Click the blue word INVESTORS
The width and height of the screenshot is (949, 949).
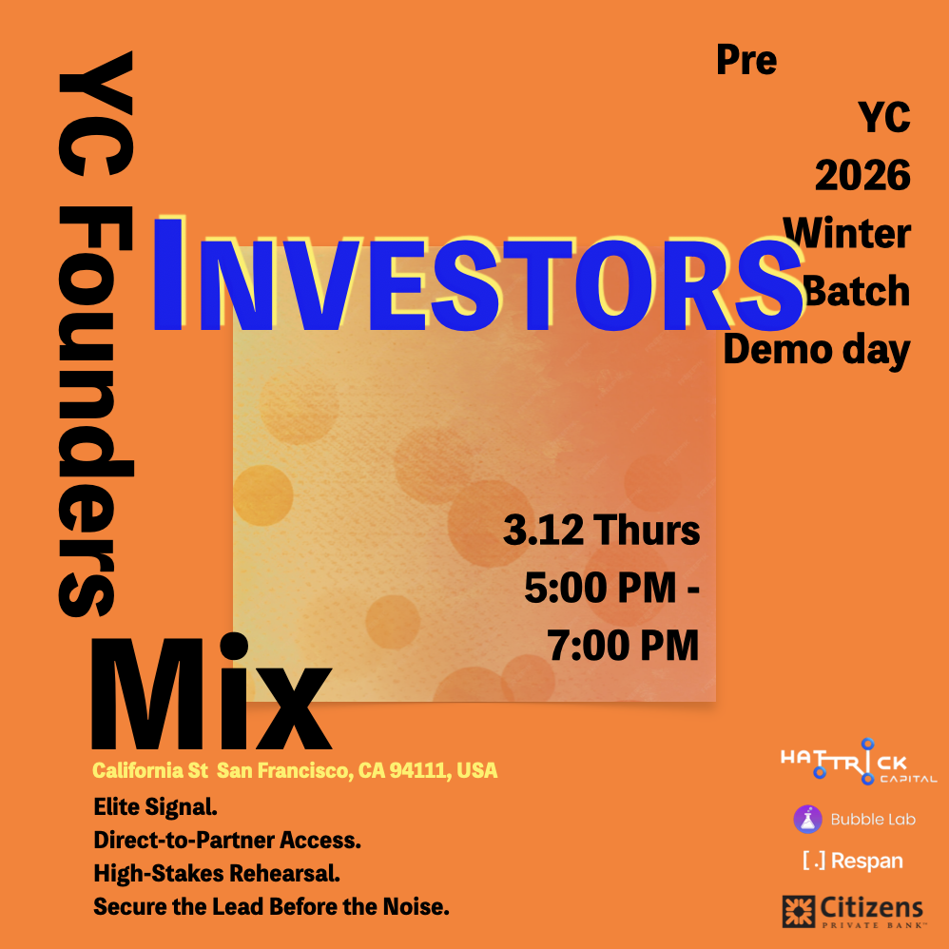[478, 276]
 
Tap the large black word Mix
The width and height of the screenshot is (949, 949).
[211, 691]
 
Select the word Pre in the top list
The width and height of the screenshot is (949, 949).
[746, 61]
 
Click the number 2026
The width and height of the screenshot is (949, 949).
[862, 176]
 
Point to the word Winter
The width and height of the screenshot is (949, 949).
[846, 233]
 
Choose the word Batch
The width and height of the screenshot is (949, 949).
[857, 291]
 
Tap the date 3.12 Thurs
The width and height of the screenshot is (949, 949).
[602, 531]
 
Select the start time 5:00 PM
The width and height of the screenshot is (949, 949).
[600, 588]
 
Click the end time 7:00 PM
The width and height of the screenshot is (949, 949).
[624, 645]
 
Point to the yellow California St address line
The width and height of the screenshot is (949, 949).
[295, 770]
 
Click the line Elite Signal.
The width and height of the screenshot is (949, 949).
[156, 806]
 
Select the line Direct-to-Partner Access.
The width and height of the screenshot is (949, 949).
[227, 840]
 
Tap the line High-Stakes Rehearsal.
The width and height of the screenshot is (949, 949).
[217, 873]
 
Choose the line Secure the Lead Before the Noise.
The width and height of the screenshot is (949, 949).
[271, 906]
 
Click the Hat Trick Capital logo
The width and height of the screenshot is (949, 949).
[859, 762]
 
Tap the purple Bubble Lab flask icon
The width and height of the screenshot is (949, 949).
[808, 820]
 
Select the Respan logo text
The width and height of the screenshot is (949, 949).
[853, 861]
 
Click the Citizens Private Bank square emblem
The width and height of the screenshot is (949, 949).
[799, 912]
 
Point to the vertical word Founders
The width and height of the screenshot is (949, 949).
[95, 412]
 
